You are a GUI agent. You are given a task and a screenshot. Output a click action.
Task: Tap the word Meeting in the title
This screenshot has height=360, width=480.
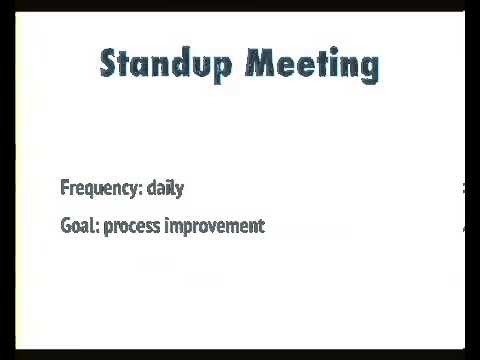point(312,64)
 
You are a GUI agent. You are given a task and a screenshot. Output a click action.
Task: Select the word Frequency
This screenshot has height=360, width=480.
point(101,188)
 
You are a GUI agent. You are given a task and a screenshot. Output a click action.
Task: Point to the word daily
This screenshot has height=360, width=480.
point(165,188)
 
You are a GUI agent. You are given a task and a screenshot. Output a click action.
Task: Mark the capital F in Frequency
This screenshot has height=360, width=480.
point(65,187)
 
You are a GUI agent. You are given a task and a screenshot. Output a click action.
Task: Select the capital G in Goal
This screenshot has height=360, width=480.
point(66,226)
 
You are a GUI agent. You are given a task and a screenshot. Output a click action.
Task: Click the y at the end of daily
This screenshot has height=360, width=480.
point(179,190)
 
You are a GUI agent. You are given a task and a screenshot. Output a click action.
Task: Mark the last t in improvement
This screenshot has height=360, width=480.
point(261,226)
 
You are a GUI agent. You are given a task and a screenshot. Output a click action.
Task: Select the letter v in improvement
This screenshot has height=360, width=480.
point(214,227)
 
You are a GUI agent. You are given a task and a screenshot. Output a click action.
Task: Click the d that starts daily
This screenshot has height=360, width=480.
point(152,187)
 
